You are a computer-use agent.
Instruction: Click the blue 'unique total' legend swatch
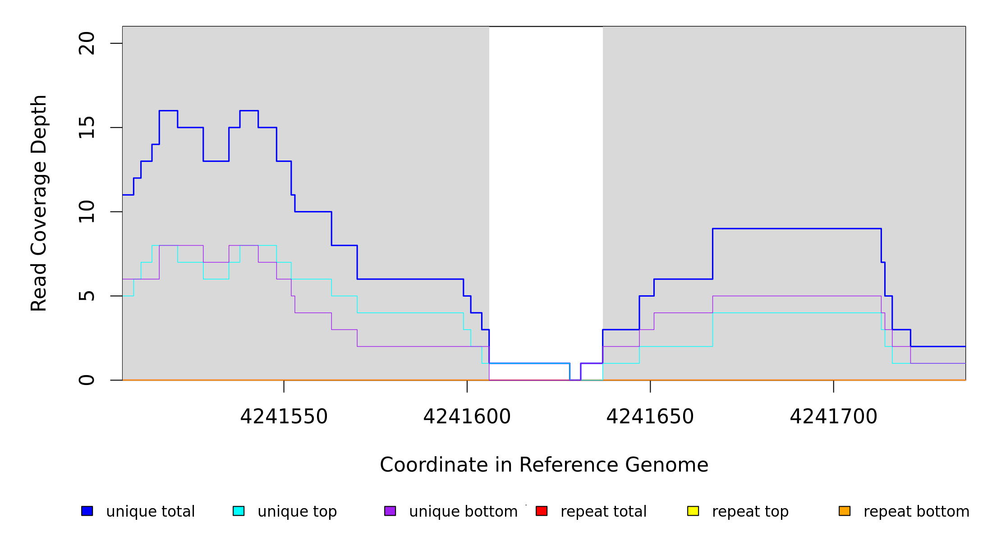click(x=87, y=511)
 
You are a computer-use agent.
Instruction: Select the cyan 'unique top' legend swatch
click(x=239, y=511)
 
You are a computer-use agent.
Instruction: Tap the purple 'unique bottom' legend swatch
click(x=390, y=511)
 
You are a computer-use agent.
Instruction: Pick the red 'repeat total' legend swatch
click(x=542, y=511)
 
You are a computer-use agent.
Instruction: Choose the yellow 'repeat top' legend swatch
click(x=693, y=511)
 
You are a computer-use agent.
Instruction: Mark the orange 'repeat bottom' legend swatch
click(x=845, y=511)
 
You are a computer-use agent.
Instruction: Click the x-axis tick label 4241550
click(x=284, y=417)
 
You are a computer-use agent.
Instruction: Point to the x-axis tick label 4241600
click(x=467, y=417)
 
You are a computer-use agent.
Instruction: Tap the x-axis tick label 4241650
click(x=650, y=417)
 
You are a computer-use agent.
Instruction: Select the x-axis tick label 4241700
click(x=833, y=417)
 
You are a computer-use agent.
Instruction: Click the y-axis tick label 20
click(x=87, y=43)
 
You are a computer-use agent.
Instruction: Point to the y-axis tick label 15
click(x=87, y=128)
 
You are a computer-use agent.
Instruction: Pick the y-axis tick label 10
click(x=87, y=212)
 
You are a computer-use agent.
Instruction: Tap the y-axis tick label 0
click(x=87, y=380)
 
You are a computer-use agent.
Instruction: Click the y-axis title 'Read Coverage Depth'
click(x=39, y=203)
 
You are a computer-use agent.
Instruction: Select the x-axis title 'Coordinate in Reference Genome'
click(x=544, y=465)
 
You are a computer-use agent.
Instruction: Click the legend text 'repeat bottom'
click(x=916, y=511)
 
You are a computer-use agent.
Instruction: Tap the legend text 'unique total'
click(x=151, y=511)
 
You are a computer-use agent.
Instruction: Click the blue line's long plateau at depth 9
click(x=797, y=229)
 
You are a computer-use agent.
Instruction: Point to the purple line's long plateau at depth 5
click(x=797, y=296)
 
